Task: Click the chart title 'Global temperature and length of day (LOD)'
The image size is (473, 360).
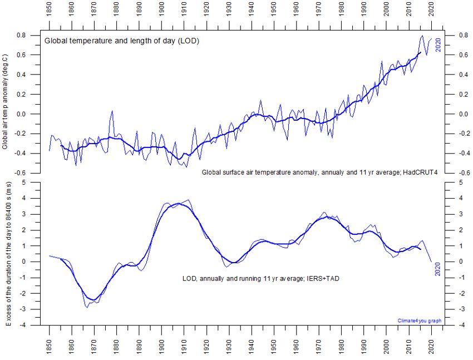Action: [122, 41]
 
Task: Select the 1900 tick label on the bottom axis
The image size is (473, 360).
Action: [161, 344]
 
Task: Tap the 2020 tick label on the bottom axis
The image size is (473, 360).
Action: [431, 344]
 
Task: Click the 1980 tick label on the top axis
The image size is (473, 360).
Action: [341, 13]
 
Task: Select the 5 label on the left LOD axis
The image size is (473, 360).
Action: [37, 183]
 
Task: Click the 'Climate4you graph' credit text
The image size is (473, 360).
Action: [418, 320]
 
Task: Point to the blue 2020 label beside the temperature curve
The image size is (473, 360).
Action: [438, 45]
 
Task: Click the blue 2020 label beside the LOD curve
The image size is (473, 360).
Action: [438, 269]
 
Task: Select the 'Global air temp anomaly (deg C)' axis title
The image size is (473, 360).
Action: [5, 102]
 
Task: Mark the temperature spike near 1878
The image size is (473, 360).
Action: [112, 111]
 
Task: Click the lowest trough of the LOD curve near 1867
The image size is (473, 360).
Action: [87, 307]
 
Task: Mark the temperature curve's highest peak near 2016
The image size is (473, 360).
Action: [421, 36]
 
